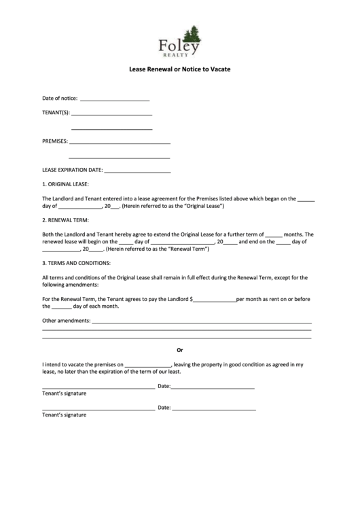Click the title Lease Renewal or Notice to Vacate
point(179,69)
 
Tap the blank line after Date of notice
point(115,99)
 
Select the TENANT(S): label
point(56,113)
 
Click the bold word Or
point(180,351)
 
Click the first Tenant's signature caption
point(65,393)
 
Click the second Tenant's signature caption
point(65,415)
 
